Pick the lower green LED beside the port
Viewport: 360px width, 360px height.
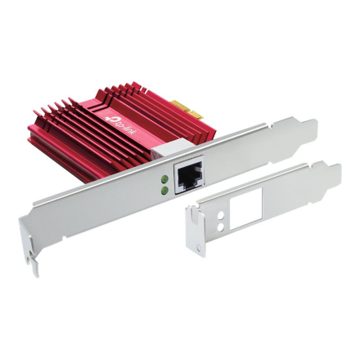point(165,190)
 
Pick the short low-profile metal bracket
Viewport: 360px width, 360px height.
point(262,205)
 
